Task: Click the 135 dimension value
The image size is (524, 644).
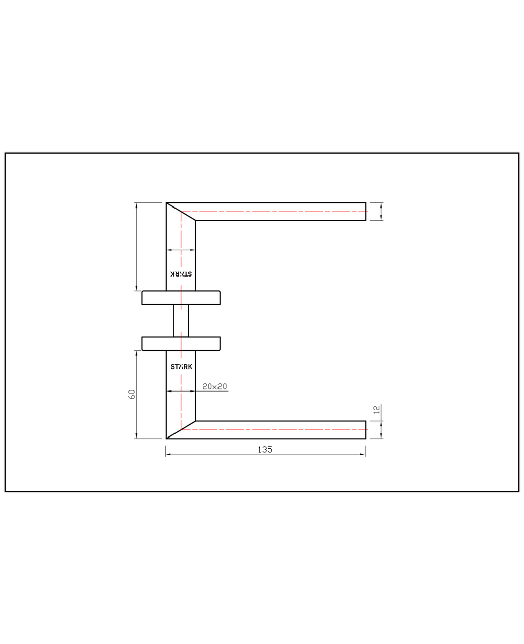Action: [x=265, y=450]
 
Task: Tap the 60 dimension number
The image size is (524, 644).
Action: [x=132, y=394]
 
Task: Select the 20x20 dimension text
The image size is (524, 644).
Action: [x=214, y=386]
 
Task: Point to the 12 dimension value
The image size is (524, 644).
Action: [x=377, y=410]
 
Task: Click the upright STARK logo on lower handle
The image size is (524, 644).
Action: [x=181, y=367]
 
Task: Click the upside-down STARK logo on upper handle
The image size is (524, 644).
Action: [x=181, y=274]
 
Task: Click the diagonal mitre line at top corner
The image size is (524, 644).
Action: [x=181, y=212]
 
